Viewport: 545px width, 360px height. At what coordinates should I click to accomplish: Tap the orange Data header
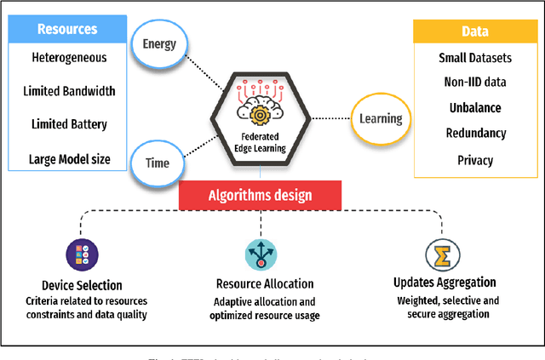coord(475,31)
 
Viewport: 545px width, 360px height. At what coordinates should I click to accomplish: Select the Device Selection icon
coord(83,254)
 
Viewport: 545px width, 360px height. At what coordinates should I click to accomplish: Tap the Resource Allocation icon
coord(261,254)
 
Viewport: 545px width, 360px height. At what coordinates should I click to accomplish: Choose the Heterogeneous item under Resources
coord(69,58)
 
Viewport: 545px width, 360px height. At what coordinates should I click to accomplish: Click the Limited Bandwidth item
coord(72,91)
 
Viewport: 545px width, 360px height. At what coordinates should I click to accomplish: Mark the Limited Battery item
coord(70,124)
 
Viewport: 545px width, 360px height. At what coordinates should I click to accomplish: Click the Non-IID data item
coord(476,83)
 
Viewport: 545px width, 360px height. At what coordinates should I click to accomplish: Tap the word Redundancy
coord(476,134)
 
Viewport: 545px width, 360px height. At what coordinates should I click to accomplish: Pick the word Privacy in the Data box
coord(476,159)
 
